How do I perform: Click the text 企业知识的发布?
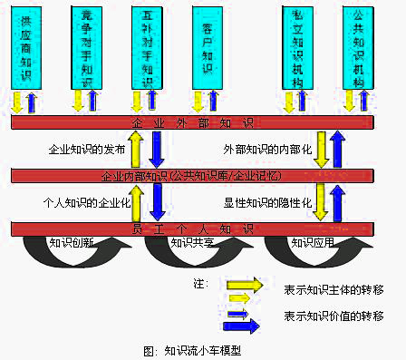82,148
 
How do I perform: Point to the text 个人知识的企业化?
82,201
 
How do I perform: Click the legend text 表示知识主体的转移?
334,290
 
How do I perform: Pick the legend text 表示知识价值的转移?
334,316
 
